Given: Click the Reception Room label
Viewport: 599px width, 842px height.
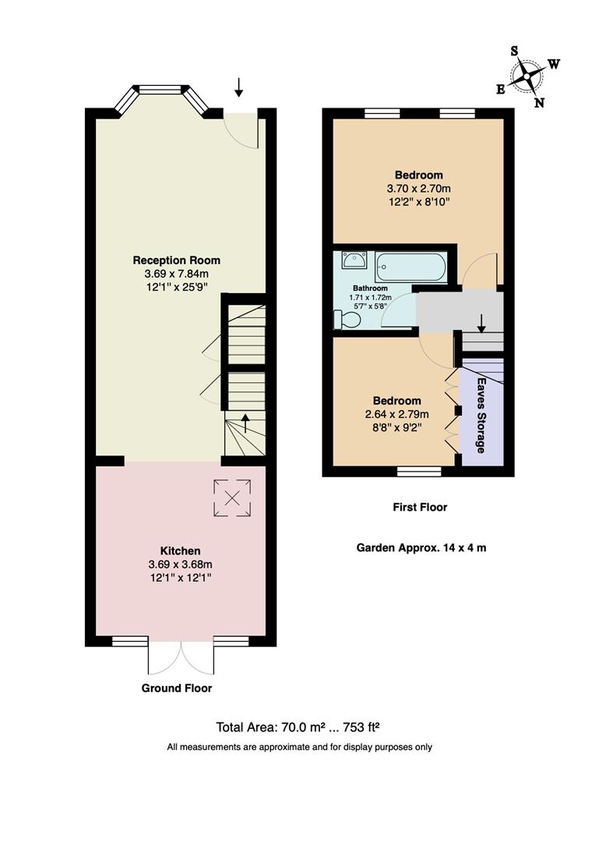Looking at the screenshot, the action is pos(177,260).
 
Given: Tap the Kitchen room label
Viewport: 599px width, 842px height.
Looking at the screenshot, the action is pos(181,551).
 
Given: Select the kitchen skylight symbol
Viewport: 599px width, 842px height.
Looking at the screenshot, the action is pos(232,498).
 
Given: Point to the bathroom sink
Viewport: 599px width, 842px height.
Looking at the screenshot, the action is pos(354,260).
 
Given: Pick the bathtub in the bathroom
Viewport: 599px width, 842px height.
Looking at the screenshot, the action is pos(411,267).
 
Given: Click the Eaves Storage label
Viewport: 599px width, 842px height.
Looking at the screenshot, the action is pos(481,415).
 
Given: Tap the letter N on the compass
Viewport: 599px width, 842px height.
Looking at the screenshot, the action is pos(539,103).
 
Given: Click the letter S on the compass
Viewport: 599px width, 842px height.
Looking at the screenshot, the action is pos(514,51).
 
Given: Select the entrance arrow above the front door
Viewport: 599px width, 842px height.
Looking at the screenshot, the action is pos(239,87).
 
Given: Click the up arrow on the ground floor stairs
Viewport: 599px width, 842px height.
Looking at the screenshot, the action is pos(246,423).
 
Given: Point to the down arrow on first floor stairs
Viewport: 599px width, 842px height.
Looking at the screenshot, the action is pos(481,324).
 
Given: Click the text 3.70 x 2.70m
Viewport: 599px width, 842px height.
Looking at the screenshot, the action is pos(418,189).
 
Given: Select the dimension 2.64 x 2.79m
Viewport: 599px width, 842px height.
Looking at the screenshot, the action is pos(397,414).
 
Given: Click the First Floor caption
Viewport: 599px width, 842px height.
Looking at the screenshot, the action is pos(420,508).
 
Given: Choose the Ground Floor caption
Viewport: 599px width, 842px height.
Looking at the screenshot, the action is pos(177,688).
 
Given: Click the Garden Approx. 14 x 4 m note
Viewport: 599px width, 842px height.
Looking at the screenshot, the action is pos(421,548).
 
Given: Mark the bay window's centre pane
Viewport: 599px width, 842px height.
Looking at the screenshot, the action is pos(160,90).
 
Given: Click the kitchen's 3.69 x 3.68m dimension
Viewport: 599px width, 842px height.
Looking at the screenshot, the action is pos(181,564).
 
